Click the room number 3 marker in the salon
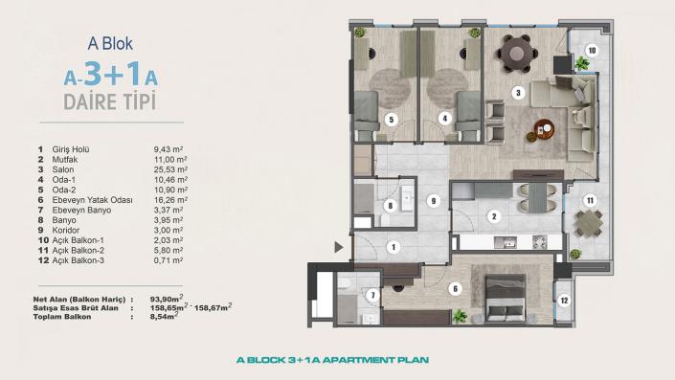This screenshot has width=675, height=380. (518, 93)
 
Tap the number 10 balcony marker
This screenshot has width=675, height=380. (592, 50)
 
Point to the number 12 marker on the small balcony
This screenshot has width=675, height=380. (564, 300)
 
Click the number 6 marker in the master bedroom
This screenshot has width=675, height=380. (456, 288)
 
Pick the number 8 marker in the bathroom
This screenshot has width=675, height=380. (390, 205)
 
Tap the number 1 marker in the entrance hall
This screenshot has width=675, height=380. (392, 247)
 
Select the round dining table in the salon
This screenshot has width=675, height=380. (518, 48)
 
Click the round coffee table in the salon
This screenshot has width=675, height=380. (544, 127)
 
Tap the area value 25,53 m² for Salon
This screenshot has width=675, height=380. (170, 168)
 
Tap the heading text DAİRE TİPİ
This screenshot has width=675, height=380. (109, 99)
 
